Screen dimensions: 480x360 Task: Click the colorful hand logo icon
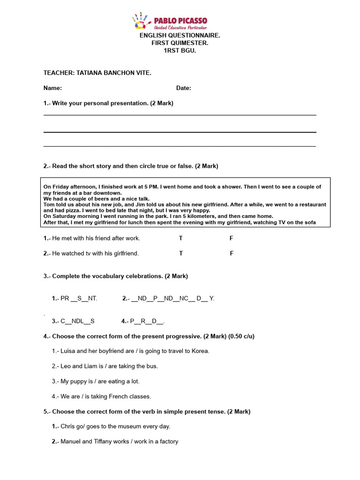tap(141, 22)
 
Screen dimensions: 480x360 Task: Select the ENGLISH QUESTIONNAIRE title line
tap(180, 36)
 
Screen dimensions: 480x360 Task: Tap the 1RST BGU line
tap(180, 51)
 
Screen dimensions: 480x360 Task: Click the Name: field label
tap(52, 88)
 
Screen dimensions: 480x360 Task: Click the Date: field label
tap(183, 88)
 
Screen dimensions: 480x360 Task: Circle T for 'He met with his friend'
tap(181, 238)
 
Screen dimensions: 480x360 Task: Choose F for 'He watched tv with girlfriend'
tap(231, 253)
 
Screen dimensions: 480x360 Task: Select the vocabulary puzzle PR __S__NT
tap(75, 298)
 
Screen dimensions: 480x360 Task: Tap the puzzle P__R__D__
tap(143, 321)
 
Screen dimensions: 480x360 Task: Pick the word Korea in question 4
tap(200, 351)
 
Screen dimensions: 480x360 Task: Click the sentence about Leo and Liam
tap(105, 366)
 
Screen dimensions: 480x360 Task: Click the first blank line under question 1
tap(180, 115)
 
